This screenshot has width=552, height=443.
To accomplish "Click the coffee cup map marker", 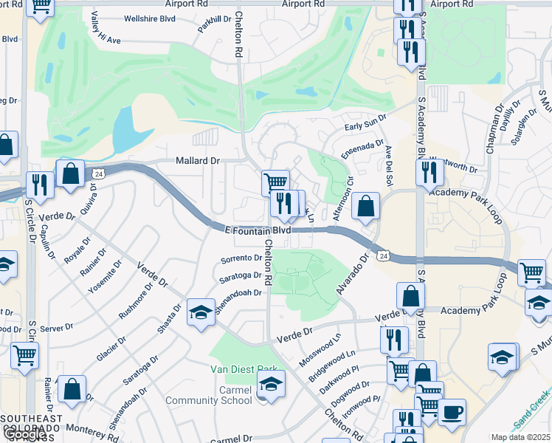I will pyautogui.click(x=452, y=411).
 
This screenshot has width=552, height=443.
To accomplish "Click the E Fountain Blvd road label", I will pyautogui.click(x=258, y=230).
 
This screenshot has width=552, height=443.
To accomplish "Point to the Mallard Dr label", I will pyautogui.click(x=198, y=160).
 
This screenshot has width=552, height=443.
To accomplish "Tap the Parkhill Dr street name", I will pyautogui.click(x=210, y=24).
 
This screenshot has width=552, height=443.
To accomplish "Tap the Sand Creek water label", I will pyautogui.click(x=530, y=411).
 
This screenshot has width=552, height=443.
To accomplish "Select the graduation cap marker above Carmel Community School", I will pyautogui.click(x=271, y=384).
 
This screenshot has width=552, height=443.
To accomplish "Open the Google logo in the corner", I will pyautogui.click(x=25, y=434).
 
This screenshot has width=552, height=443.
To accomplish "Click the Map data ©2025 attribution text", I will pyautogui.click(x=521, y=437).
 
